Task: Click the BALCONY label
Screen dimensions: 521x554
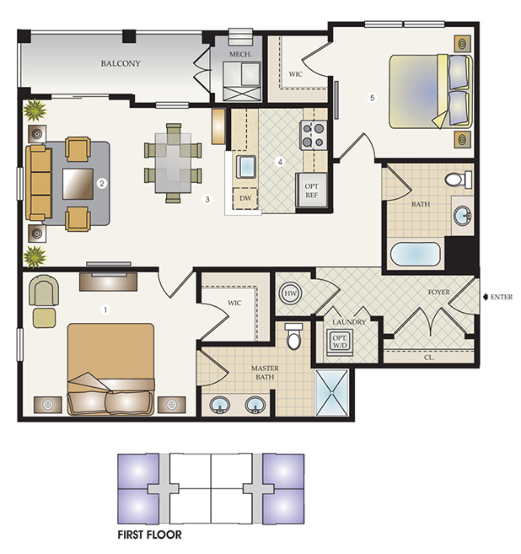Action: point(121,63)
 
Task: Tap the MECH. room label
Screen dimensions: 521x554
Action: point(240,55)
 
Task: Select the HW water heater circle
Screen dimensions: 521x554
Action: point(290,293)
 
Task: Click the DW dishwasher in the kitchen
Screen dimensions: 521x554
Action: point(245,198)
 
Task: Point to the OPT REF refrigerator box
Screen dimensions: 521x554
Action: point(311,190)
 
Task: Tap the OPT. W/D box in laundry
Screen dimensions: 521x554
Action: point(340,342)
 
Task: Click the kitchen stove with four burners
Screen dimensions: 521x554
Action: point(314,135)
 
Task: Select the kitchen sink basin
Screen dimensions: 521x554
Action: point(246,167)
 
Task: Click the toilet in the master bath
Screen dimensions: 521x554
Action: point(293,336)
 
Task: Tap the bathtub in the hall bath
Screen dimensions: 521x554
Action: point(416,255)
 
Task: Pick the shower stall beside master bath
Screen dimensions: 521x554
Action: point(331,392)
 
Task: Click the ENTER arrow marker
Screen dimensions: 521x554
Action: point(486,297)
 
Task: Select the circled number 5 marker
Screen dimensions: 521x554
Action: point(372,97)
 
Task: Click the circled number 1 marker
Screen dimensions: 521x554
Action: point(105,309)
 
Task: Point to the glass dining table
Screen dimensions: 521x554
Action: point(173,163)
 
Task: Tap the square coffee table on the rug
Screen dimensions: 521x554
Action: point(78,184)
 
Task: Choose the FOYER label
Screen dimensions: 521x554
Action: point(438,293)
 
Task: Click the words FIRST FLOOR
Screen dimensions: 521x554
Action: point(150,535)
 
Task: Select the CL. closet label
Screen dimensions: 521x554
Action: point(429,358)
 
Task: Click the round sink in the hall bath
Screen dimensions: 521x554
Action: point(463,215)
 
